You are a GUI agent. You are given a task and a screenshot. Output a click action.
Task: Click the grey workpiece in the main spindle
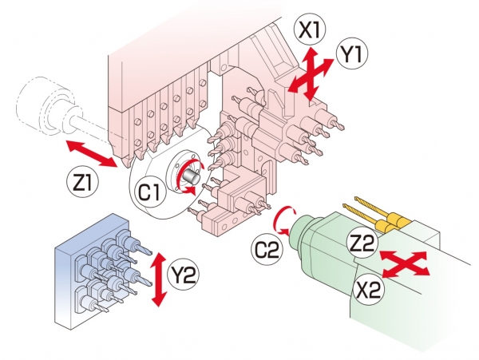click(192, 170)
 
